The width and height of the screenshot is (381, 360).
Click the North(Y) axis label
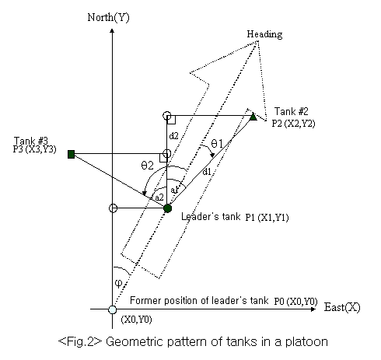coord(108,18)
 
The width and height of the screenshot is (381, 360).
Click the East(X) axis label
coord(342,307)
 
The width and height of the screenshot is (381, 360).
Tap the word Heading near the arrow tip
coord(264,34)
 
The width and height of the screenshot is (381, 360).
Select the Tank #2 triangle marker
coord(253,117)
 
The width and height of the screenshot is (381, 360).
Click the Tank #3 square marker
coord(71,154)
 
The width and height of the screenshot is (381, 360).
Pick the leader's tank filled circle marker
coord(168,208)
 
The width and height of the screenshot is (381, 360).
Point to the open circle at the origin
coord(113,309)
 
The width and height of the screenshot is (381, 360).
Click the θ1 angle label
coord(217,143)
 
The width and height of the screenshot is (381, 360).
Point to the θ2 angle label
coord(147,166)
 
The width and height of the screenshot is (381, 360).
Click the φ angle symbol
coord(118,283)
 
